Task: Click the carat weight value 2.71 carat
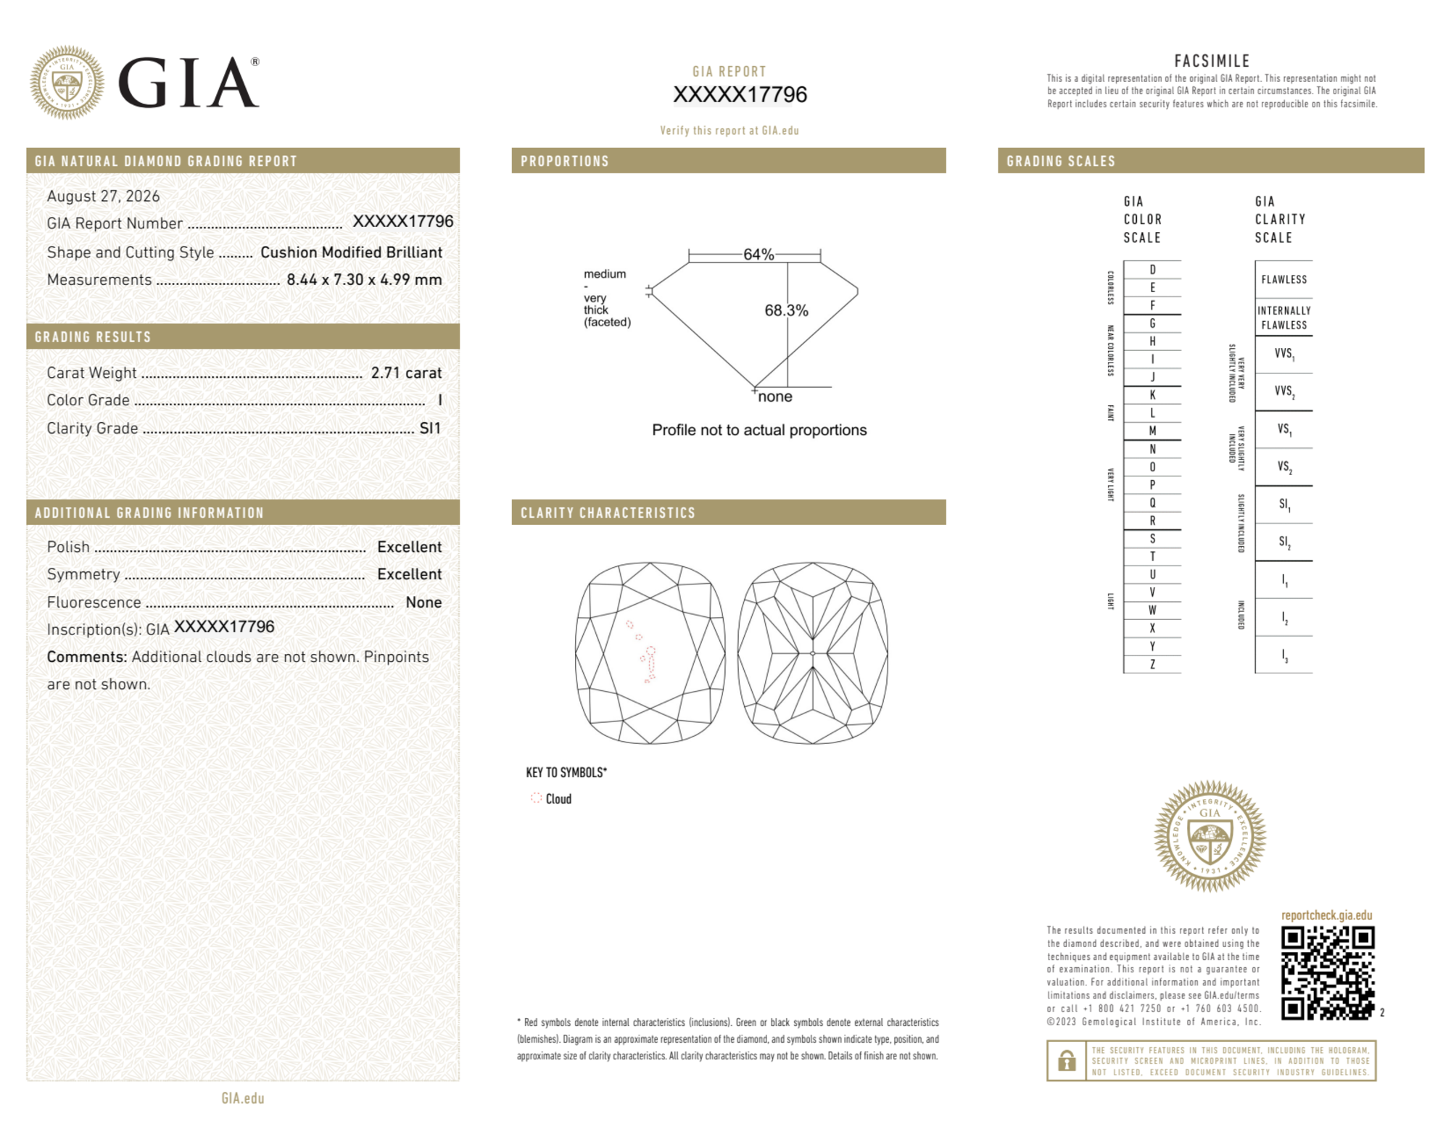point(406,373)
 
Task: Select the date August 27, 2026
point(103,196)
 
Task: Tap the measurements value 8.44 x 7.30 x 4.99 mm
point(364,279)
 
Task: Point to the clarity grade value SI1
point(430,428)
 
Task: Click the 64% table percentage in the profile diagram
point(758,255)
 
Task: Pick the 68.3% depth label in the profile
point(786,310)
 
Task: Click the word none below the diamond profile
point(775,397)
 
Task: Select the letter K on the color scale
point(1152,395)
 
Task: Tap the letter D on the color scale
point(1152,270)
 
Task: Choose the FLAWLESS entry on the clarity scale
point(1283,280)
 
